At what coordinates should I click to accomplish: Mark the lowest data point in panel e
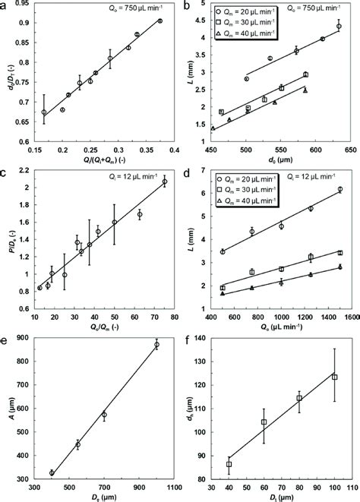point(52,472)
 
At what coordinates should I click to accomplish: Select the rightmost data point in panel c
point(164,182)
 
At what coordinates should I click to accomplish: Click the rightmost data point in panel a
point(159,21)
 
